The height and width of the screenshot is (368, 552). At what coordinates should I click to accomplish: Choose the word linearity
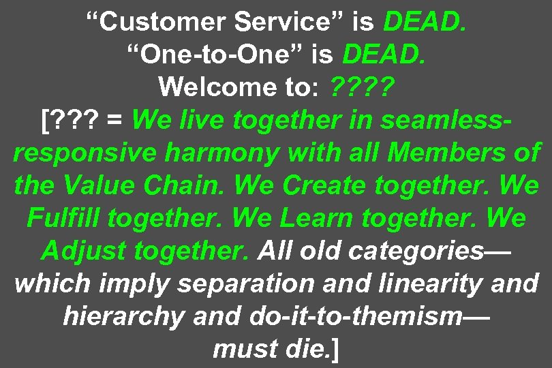point(425,283)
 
